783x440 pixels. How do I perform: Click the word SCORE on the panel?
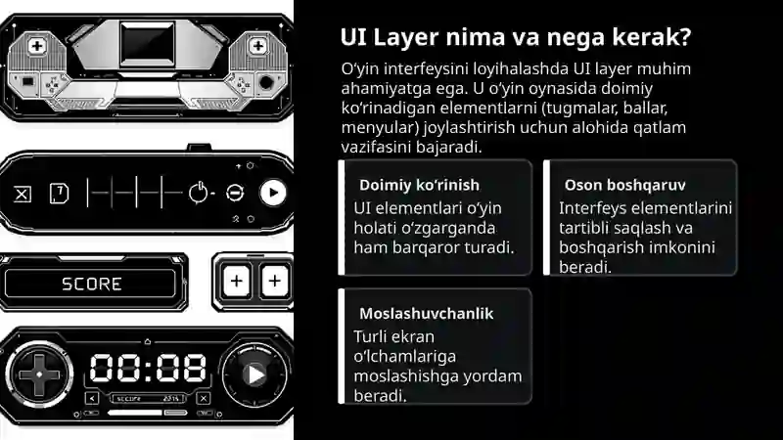coord(92,284)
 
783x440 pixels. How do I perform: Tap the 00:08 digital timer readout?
coord(149,368)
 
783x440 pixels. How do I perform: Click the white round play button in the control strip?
coord(273,193)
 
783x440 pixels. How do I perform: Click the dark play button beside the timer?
coord(254,374)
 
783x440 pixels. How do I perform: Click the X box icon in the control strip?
coord(23,194)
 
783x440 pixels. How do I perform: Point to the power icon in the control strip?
coord(199,193)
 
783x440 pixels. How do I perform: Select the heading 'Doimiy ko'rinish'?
coord(419,185)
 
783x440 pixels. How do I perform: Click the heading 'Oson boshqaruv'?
coord(624,185)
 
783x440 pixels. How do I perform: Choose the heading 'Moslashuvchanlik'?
coord(426,314)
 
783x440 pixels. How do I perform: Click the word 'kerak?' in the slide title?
coord(650,38)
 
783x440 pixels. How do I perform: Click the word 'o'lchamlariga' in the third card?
coord(397,357)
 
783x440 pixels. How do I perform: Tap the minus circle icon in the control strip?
coord(235,193)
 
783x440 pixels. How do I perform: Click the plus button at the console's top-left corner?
coord(36,46)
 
